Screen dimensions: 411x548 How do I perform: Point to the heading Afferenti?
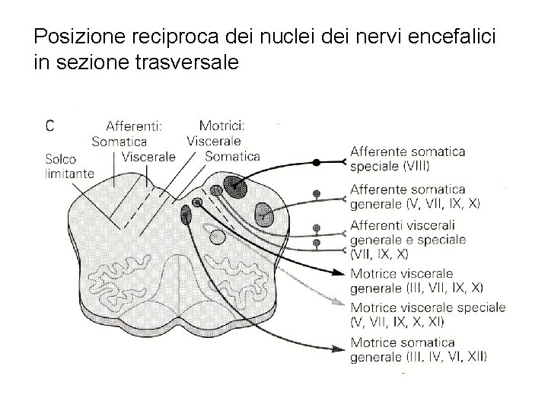134,126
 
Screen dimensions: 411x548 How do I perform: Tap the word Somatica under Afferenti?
119,141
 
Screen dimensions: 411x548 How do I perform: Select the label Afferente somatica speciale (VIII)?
407,158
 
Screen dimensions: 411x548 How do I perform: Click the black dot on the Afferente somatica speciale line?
317,162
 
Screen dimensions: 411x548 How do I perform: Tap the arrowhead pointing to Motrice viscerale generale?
341,274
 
